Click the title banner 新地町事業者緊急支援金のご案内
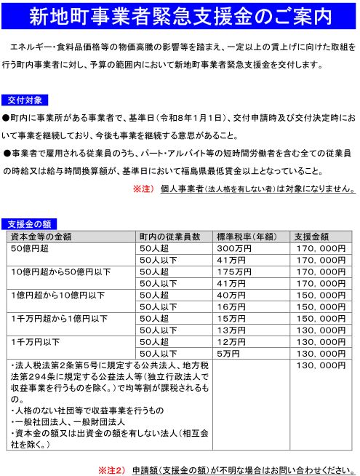(180, 16)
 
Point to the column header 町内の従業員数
(169, 236)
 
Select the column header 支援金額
(312, 236)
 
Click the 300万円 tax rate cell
(235, 248)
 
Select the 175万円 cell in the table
(234, 271)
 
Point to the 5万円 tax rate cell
(228, 353)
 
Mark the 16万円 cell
(231, 306)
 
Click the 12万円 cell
(231, 341)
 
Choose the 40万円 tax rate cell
(231, 295)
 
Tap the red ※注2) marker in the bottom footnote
(112, 469)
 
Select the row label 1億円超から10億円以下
(57, 295)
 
